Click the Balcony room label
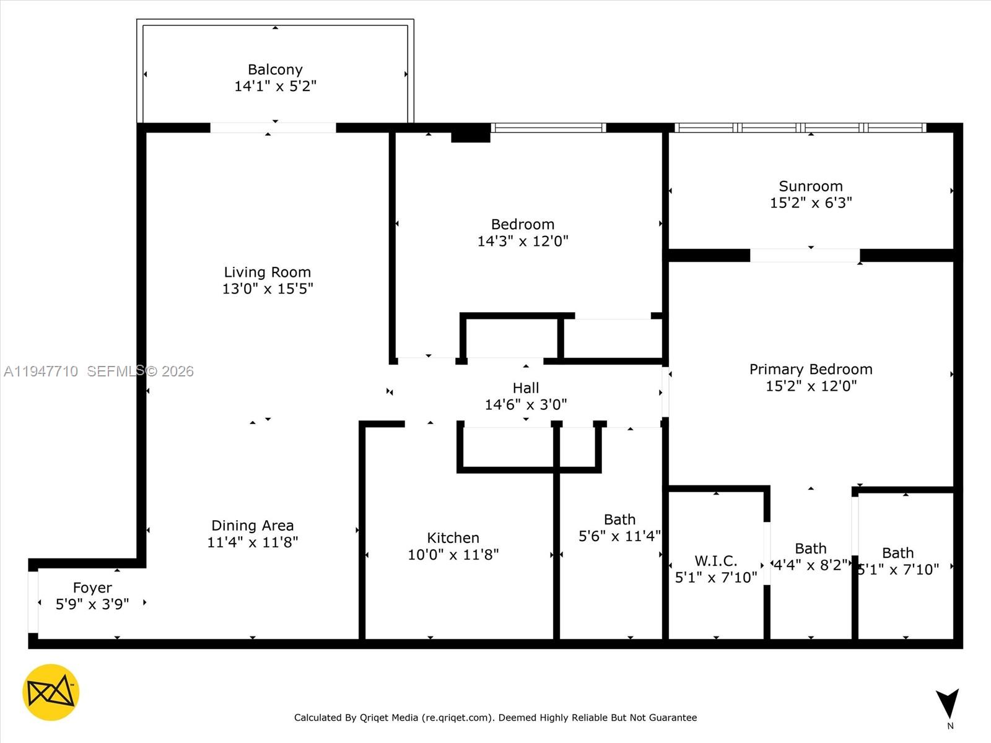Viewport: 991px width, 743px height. (275, 69)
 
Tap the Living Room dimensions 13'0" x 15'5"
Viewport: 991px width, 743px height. (268, 289)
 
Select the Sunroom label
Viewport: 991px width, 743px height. (810, 186)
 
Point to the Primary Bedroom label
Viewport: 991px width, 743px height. (810, 369)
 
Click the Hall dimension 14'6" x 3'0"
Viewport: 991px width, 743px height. (525, 405)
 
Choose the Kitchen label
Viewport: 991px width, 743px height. (453, 537)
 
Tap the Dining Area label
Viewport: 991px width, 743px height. (252, 525)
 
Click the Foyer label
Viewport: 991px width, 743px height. (92, 587)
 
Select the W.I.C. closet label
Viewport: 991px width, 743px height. (715, 560)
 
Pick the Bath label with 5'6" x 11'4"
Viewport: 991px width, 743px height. (619, 519)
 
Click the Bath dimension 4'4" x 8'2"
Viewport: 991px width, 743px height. (810, 565)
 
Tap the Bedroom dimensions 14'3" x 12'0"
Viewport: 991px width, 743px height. (522, 241)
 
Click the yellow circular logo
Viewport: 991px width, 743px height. (51, 692)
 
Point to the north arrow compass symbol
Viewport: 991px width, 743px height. (947, 704)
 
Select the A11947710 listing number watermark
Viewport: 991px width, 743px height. (41, 371)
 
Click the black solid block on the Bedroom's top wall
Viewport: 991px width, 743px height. (470, 133)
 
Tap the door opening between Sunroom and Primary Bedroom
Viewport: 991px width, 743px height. (805, 255)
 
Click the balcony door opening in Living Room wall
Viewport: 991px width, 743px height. (273, 128)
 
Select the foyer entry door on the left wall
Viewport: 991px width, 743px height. (33, 602)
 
